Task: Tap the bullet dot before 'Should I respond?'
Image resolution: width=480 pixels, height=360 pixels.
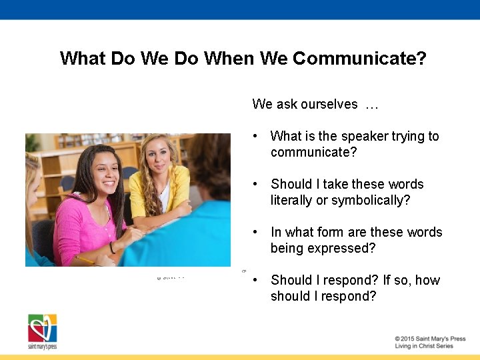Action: (x=255, y=280)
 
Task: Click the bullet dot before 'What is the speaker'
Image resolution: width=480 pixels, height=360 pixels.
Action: (x=255, y=136)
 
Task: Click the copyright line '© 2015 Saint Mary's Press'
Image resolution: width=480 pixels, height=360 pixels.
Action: (x=430, y=339)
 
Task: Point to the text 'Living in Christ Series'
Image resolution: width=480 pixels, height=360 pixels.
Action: (x=424, y=347)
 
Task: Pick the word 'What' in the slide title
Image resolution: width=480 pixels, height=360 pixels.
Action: (x=83, y=59)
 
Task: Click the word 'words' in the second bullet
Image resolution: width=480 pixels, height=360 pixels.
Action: (x=405, y=184)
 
